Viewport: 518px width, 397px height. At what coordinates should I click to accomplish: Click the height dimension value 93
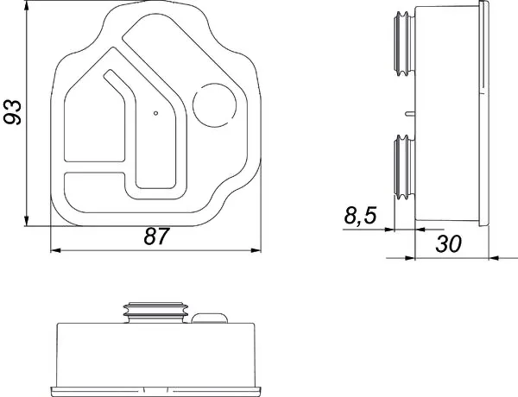point(13,112)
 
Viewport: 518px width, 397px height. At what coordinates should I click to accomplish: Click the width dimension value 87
point(156,236)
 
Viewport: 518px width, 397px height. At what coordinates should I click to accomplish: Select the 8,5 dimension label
point(360,215)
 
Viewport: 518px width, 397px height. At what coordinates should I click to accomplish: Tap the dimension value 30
point(448,244)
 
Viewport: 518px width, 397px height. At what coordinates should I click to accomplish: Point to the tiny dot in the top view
point(156,113)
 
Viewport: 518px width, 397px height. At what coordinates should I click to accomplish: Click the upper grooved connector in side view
point(405,44)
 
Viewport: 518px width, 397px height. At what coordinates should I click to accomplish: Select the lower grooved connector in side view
point(405,167)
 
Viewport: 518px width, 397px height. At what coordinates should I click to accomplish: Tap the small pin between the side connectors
point(410,113)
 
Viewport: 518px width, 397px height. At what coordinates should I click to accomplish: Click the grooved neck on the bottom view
point(155,312)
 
